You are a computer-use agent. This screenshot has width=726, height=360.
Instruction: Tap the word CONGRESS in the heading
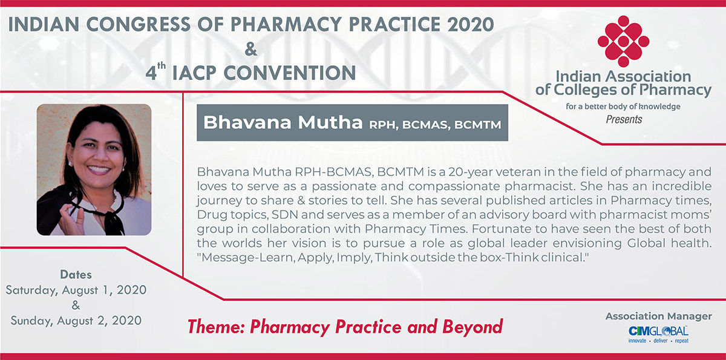pos(138,24)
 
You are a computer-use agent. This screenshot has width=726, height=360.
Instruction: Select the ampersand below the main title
pos(251,49)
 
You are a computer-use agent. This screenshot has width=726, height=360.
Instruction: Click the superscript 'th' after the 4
pos(162,66)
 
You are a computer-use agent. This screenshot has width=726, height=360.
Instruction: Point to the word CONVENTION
pos(290,73)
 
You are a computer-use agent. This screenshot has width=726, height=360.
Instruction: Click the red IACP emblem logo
pos(623,41)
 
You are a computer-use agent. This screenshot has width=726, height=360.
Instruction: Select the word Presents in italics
pos(624,120)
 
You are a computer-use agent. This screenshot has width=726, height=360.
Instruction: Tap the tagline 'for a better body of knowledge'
pos(623,106)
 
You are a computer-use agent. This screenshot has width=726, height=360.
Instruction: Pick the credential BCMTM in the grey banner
pos(478,125)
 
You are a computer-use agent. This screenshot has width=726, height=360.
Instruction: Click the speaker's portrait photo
pos(94,169)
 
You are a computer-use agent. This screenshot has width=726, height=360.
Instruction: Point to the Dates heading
pos(76,275)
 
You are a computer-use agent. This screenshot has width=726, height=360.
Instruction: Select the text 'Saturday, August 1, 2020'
pos(76,290)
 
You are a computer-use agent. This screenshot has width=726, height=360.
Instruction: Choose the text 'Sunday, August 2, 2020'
pos(76,321)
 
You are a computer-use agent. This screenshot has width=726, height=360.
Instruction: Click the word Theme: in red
pos(216,327)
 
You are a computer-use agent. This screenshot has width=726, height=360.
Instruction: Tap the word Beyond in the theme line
pos(473,327)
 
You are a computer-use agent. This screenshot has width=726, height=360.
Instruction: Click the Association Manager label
pos(659,316)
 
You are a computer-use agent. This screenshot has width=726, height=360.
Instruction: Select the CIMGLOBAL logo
pos(658,335)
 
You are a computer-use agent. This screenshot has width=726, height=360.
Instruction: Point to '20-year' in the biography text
pos(469,172)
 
